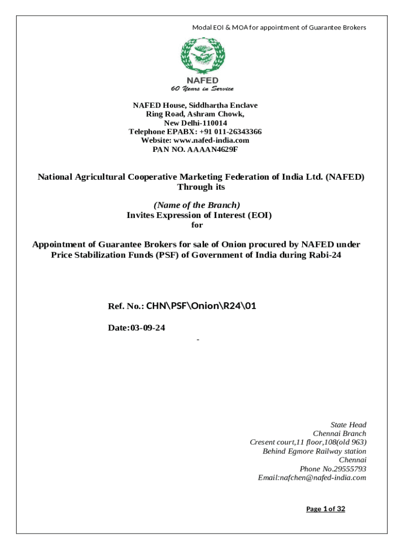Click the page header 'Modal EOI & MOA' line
(279, 27)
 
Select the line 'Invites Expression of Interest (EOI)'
(199, 215)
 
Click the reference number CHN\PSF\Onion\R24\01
(200, 306)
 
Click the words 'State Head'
(348, 425)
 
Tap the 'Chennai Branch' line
(339, 433)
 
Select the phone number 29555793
(347, 469)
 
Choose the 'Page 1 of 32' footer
(326, 509)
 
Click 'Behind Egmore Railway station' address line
(314, 451)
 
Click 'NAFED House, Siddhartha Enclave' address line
(195, 106)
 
